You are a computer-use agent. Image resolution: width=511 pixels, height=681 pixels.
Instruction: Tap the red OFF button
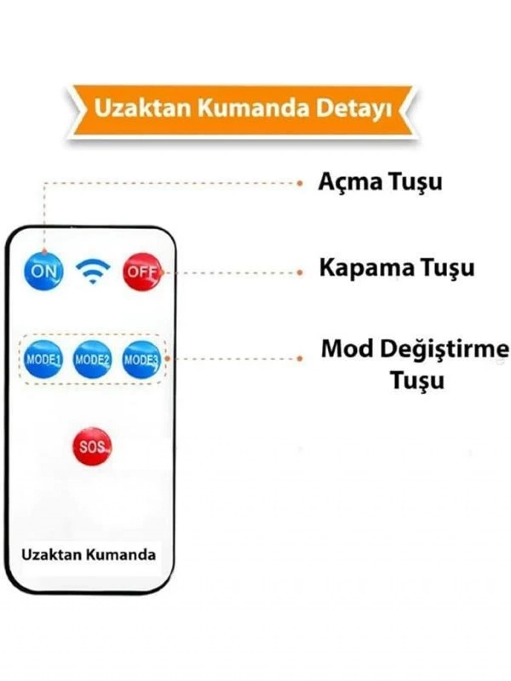click(x=142, y=272)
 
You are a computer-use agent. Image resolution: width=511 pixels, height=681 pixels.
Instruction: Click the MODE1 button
click(x=43, y=360)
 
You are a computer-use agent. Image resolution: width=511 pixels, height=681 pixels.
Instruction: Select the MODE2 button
click(x=92, y=360)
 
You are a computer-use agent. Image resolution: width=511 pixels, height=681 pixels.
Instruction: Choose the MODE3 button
click(x=142, y=360)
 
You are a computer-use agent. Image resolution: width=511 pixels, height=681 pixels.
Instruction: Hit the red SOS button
click(x=92, y=447)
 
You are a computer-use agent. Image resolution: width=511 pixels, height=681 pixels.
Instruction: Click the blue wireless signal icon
click(x=93, y=272)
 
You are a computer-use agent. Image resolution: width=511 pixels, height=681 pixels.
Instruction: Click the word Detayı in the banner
click(x=354, y=110)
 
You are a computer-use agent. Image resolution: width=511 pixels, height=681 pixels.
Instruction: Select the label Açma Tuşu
click(x=380, y=183)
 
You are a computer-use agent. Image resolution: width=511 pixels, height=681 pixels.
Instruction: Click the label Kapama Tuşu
click(x=397, y=268)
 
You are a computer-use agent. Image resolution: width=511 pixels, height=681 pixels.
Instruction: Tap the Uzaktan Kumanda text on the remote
click(x=89, y=555)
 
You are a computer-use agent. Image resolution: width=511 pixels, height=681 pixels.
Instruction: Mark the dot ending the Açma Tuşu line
click(x=300, y=184)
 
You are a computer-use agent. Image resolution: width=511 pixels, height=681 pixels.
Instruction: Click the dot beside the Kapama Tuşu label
click(x=300, y=272)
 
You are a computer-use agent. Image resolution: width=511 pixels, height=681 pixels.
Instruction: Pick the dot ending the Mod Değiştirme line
click(x=300, y=359)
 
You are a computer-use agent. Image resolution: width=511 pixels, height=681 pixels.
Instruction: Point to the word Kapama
click(x=367, y=268)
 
